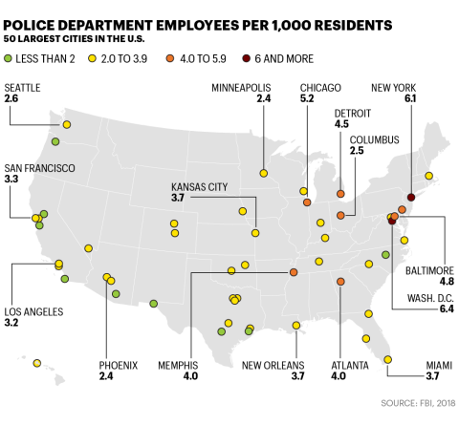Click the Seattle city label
(22, 87)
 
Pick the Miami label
(426, 365)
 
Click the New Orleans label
(274, 365)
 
